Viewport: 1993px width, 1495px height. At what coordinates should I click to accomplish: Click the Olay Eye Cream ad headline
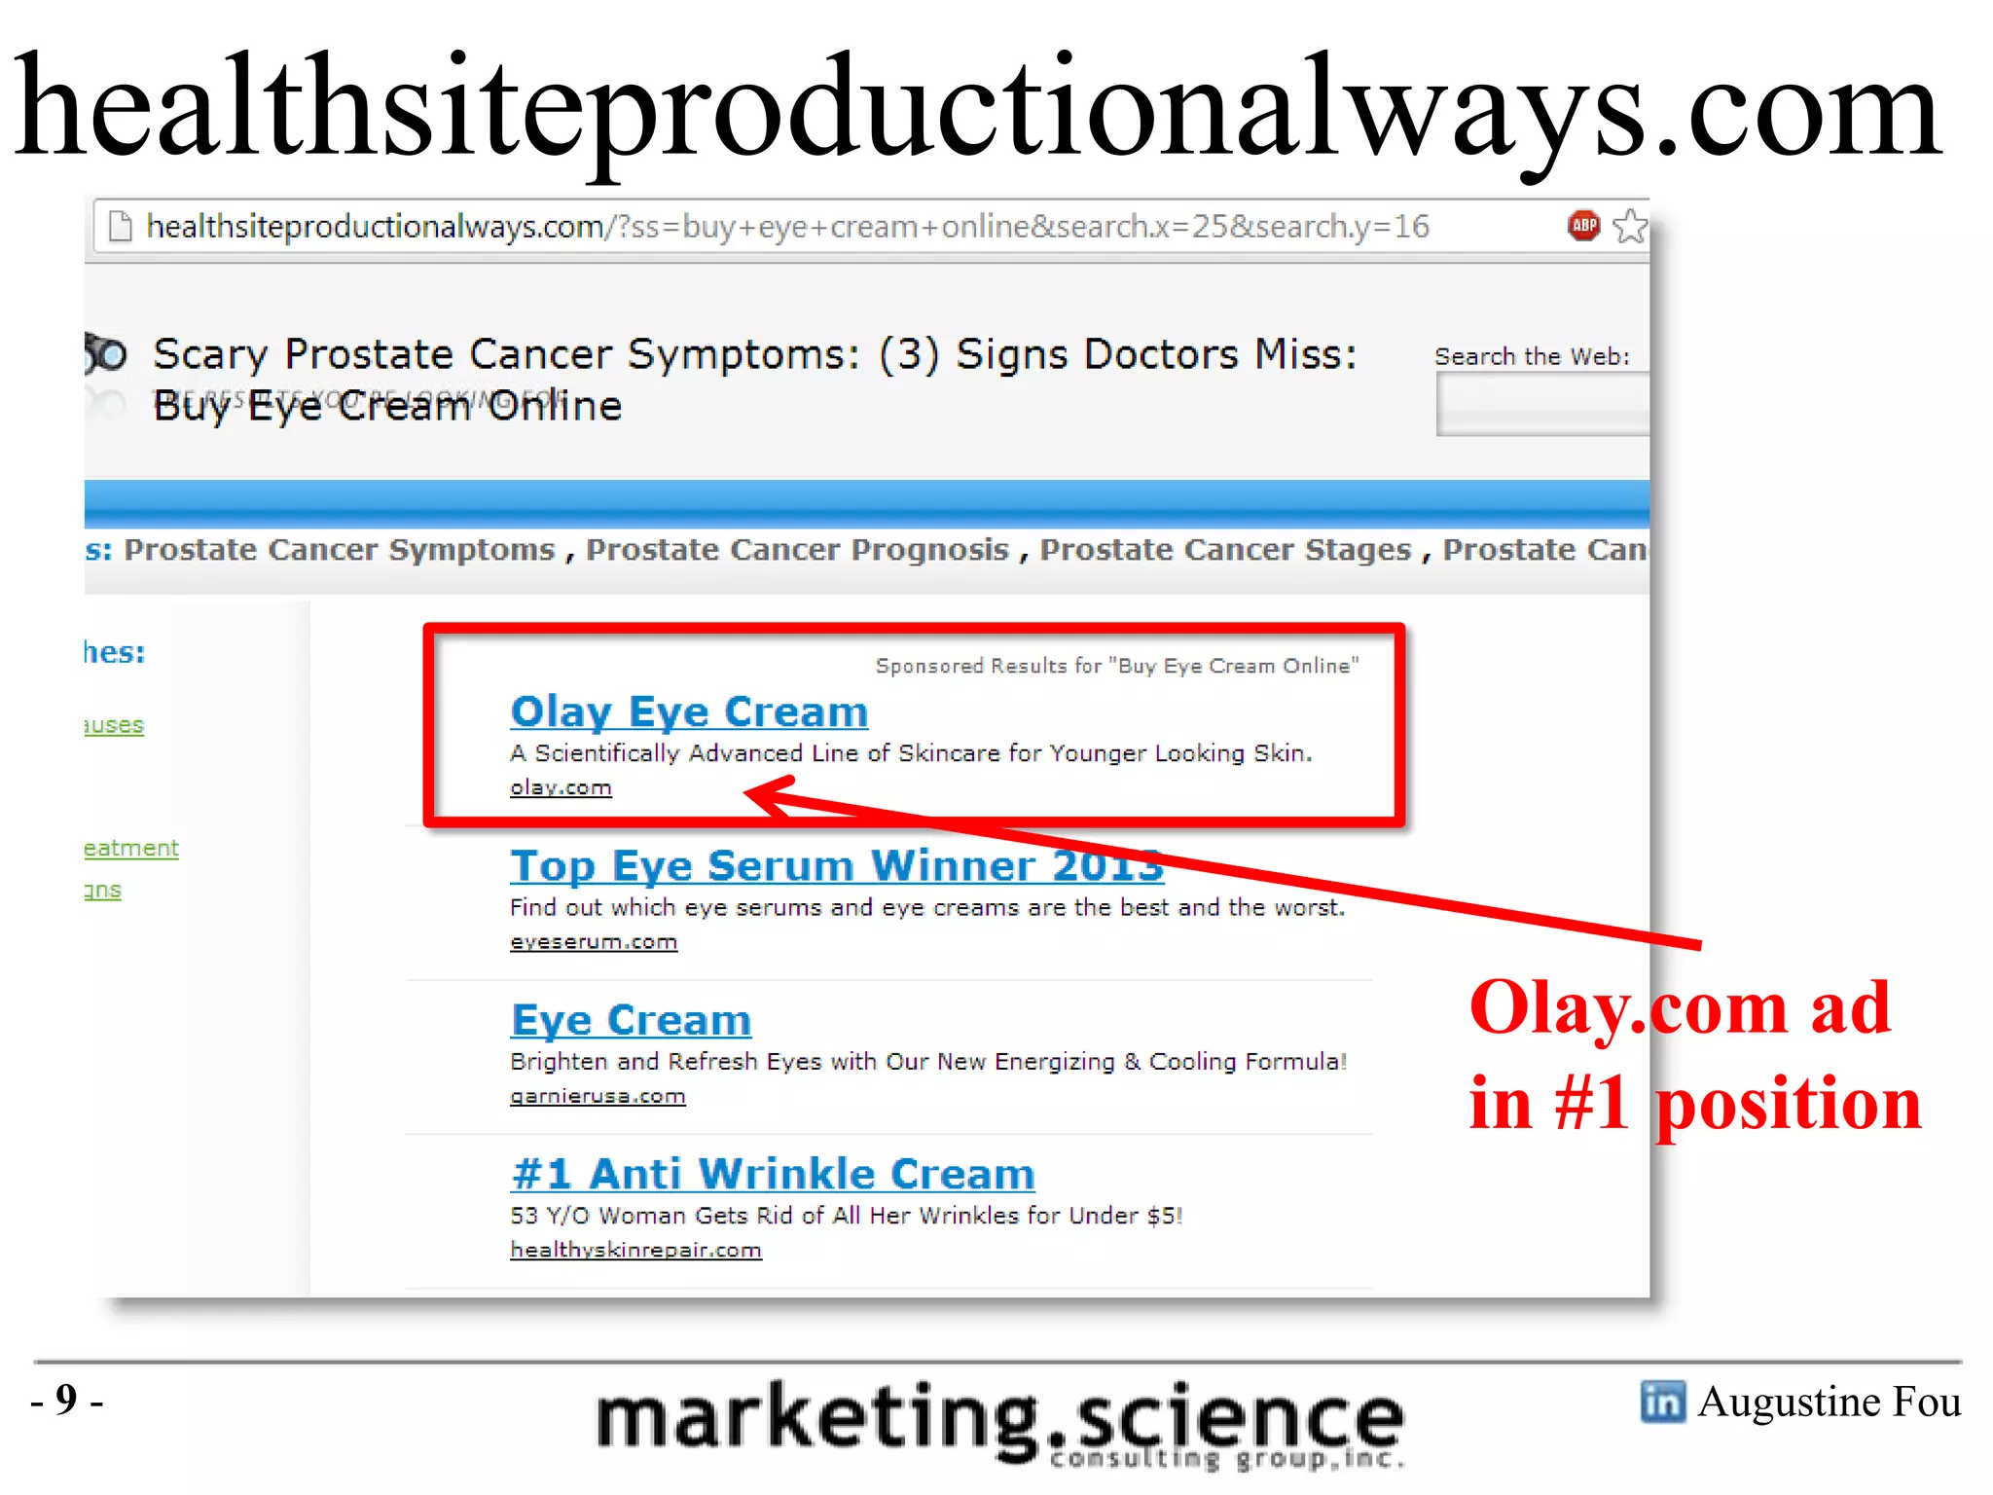(689, 711)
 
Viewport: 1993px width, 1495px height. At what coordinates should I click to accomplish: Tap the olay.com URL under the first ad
(561, 787)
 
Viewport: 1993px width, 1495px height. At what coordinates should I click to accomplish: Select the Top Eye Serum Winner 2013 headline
(836, 865)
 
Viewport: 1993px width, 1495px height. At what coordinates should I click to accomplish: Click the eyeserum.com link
(594, 942)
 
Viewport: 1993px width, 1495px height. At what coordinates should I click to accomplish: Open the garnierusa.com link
(598, 1096)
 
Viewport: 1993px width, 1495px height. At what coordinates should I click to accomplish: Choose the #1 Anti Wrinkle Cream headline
(773, 1174)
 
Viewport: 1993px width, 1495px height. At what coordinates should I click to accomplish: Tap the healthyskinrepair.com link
(635, 1250)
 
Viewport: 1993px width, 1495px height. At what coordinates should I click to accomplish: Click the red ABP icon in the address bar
(1583, 226)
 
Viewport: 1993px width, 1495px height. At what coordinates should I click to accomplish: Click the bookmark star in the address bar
(1630, 226)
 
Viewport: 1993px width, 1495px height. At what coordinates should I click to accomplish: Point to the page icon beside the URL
(121, 226)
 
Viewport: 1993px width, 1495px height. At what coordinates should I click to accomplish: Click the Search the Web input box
(1542, 404)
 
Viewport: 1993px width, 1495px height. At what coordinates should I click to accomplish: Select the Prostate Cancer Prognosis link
(797, 550)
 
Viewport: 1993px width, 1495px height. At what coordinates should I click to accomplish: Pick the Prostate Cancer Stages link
(1225, 550)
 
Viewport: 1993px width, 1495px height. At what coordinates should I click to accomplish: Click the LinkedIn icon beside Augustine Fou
(1662, 1402)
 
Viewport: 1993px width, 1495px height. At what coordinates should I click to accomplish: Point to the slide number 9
(66, 1400)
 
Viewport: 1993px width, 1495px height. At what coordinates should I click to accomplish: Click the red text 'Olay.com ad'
(1680, 1007)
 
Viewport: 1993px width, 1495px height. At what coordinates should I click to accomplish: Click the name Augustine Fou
(1830, 1402)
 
